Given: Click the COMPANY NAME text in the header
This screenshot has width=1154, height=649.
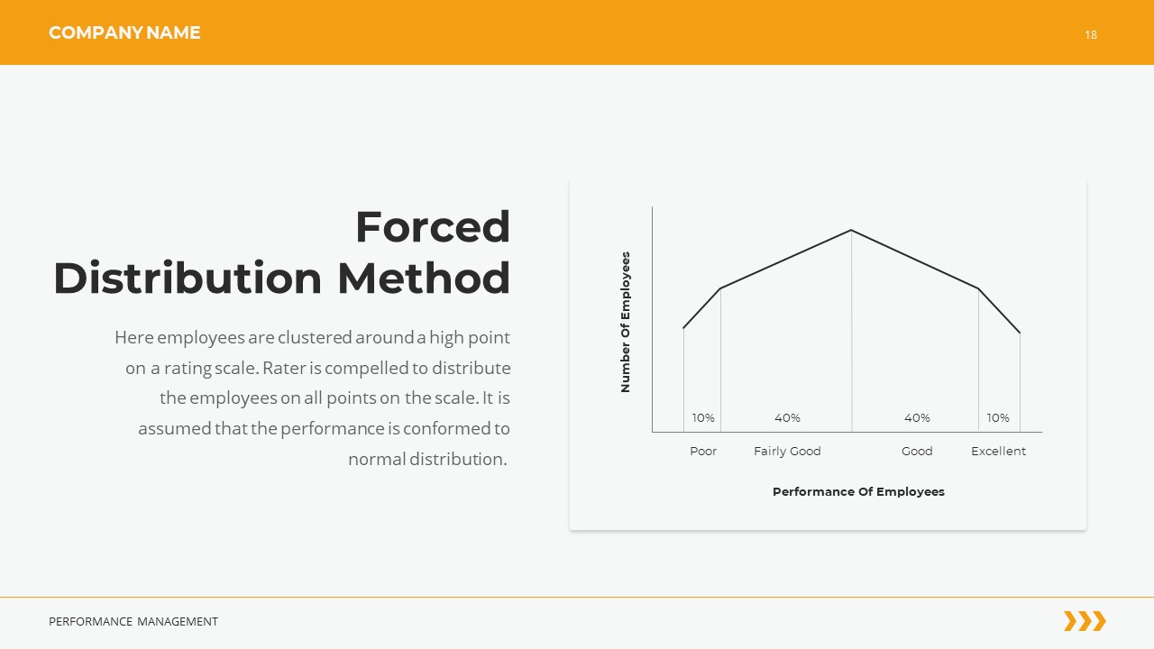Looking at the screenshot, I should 124,33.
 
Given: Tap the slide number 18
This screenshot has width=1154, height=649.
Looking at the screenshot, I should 1091,35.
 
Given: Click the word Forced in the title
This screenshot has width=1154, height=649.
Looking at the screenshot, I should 433,226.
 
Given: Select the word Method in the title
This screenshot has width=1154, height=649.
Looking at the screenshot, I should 424,278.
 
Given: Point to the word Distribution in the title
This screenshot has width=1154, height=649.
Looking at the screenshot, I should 188,278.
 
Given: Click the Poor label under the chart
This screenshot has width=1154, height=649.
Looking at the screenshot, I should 703,451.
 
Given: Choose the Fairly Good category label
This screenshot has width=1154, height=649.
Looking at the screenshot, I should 787,451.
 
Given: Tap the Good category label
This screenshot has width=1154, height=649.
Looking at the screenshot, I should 917,451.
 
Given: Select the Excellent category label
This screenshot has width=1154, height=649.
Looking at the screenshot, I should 998,451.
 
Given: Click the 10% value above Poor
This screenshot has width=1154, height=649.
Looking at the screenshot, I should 703,418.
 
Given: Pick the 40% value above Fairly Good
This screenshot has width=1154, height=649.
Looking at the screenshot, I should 787,418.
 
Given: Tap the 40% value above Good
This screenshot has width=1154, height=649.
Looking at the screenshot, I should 917,418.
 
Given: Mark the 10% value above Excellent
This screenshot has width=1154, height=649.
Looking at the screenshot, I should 998,418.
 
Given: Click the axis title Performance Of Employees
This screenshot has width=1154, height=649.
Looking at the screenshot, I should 858,492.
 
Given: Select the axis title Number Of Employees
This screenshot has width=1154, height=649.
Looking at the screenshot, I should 626,322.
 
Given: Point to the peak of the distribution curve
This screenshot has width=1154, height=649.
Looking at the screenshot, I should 851,231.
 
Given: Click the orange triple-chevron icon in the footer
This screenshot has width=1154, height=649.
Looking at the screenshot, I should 1085,621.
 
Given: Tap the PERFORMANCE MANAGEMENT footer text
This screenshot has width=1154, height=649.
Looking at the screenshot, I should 133,622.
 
